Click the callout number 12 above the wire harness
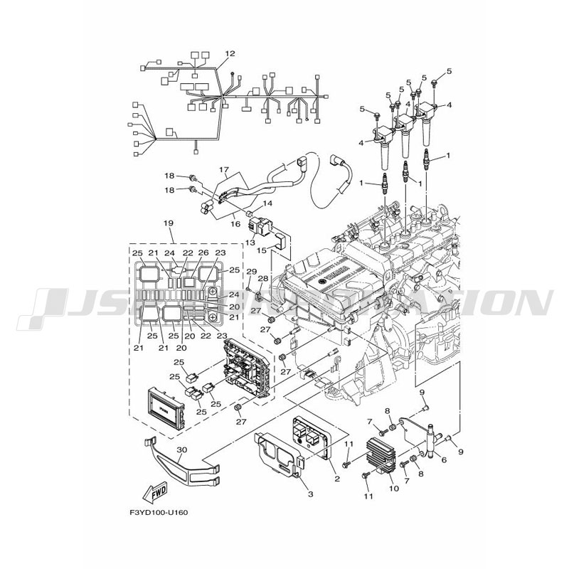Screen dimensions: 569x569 [230, 54]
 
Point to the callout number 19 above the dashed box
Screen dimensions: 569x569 [168, 223]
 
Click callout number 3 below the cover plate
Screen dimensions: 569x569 [310, 493]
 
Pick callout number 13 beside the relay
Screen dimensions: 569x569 [250, 243]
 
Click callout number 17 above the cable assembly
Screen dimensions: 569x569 [204, 170]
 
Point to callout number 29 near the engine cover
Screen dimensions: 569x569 [250, 271]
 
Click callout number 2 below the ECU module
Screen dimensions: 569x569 [337, 478]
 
